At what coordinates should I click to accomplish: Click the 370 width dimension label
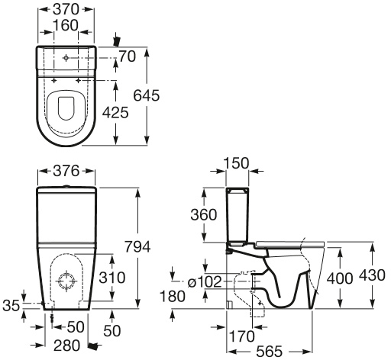[x=66, y=9]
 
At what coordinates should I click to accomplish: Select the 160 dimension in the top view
[x=66, y=25]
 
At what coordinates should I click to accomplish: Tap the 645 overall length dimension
[x=147, y=95]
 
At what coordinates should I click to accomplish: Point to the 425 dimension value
[x=115, y=113]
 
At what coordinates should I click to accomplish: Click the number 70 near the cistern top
[x=128, y=56]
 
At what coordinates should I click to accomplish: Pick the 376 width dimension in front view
[x=66, y=171]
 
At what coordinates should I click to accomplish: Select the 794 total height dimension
[x=137, y=246]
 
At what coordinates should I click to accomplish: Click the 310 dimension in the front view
[x=112, y=278]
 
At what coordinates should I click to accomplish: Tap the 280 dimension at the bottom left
[x=66, y=346]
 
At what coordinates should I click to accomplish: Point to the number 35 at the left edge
[x=11, y=305]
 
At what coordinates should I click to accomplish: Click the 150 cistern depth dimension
[x=236, y=163]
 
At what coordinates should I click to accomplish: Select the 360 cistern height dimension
[x=204, y=214]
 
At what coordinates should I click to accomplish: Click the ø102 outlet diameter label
[x=205, y=282]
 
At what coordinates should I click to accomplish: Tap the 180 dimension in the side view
[x=173, y=297]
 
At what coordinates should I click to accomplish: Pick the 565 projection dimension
[x=270, y=352]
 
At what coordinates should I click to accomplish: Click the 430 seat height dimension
[x=372, y=275]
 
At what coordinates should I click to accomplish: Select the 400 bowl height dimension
[x=340, y=278]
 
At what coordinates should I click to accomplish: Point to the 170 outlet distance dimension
[x=242, y=336]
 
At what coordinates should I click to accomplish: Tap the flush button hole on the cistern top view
[x=66, y=58]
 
